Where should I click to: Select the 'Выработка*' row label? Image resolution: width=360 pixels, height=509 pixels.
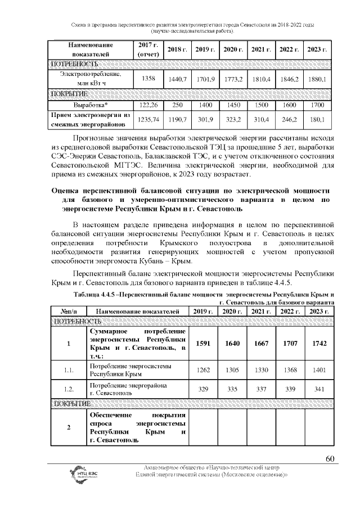coord(91,105)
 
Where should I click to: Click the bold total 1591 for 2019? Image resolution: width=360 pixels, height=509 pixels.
coord(200,344)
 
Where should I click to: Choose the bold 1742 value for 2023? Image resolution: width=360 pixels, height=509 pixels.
coord(318,344)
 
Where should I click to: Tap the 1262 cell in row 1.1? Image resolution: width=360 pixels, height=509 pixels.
coord(200,370)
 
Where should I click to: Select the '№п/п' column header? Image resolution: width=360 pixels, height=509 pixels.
coord(69,311)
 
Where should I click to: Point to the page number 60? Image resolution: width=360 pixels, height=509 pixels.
coord(330,458)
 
